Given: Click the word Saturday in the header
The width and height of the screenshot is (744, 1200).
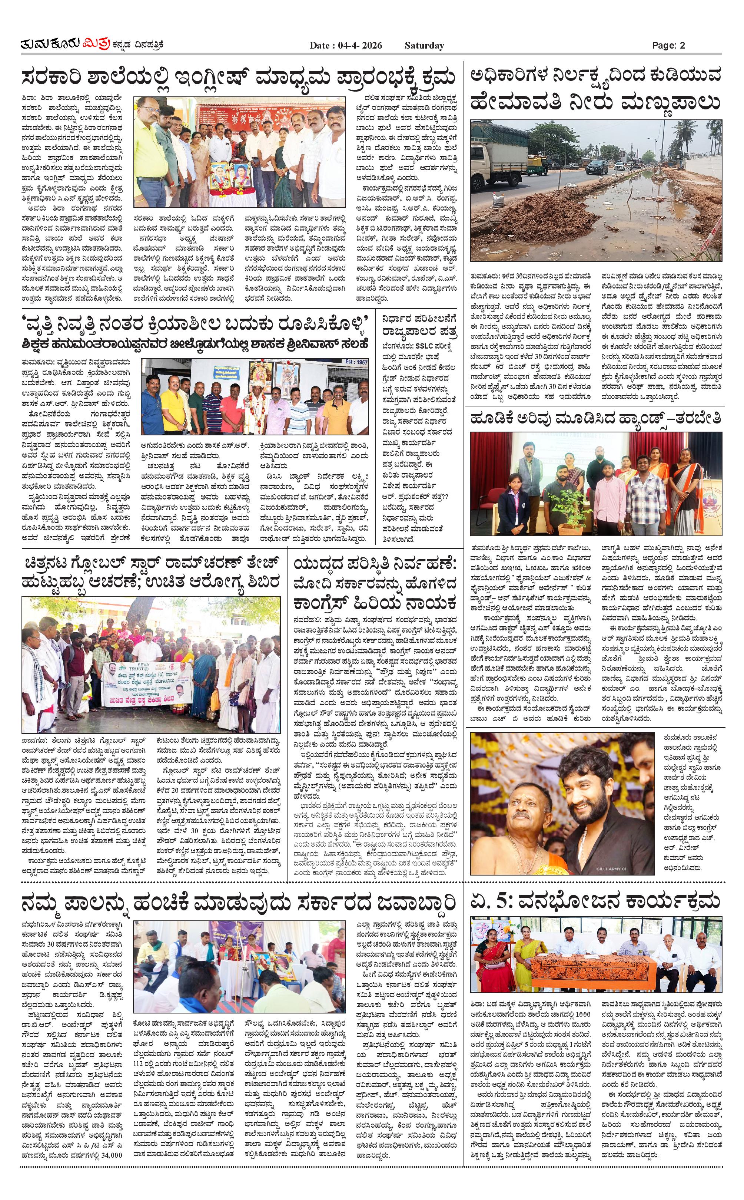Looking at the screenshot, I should pyautogui.click(x=424, y=46).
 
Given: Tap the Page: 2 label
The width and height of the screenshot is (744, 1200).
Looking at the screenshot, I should pyautogui.click(x=668, y=46).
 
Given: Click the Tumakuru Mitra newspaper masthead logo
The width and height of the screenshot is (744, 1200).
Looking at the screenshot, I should pyautogui.click(x=91, y=45).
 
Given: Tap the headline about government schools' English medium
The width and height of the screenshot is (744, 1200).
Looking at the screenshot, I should pyautogui.click(x=238, y=79).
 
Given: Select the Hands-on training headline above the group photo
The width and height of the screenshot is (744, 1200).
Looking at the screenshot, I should pyautogui.click(x=595, y=419).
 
